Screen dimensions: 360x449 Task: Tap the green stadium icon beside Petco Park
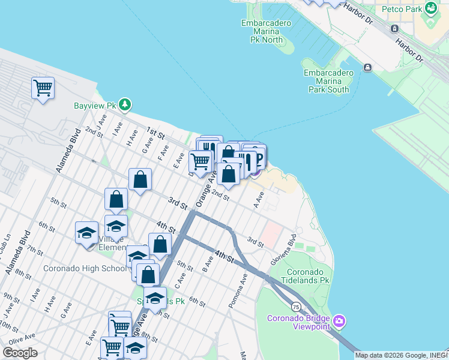pyautogui.click(x=430, y=8)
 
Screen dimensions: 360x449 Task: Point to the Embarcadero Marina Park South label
pyautogui.click(x=326, y=81)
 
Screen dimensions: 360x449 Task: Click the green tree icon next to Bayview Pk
pyautogui.click(x=124, y=105)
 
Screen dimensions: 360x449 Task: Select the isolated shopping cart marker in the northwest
pyautogui.click(x=43, y=88)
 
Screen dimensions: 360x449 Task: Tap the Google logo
pyautogui.click(x=20, y=352)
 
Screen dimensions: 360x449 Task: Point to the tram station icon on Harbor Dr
pyautogui.click(x=394, y=28)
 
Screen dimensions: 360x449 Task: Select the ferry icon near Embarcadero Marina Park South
pyautogui.click(x=367, y=68)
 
